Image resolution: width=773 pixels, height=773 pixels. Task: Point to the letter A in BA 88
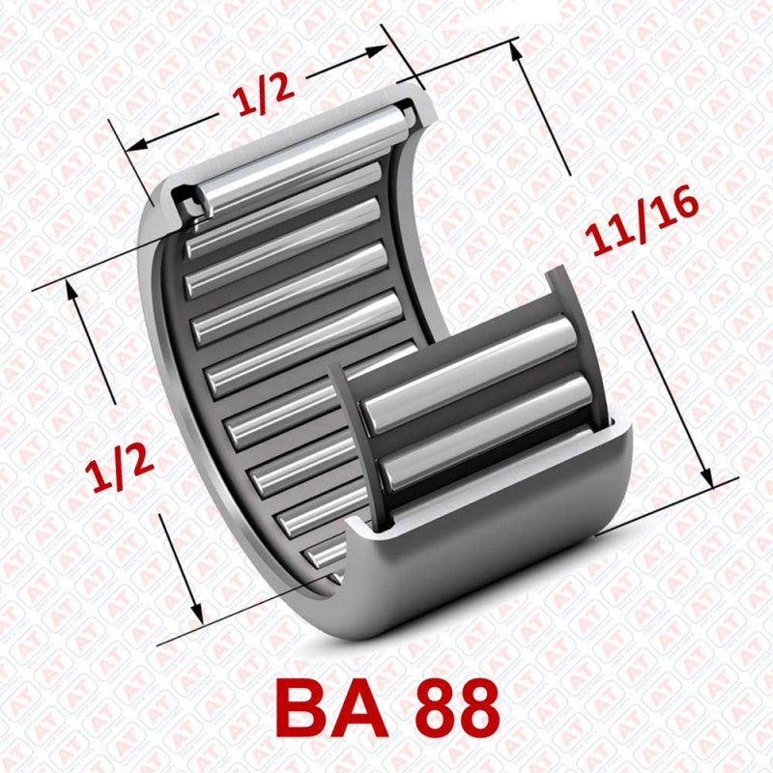coord(364,708)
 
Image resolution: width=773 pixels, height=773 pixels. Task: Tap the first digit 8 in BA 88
coord(438,708)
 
